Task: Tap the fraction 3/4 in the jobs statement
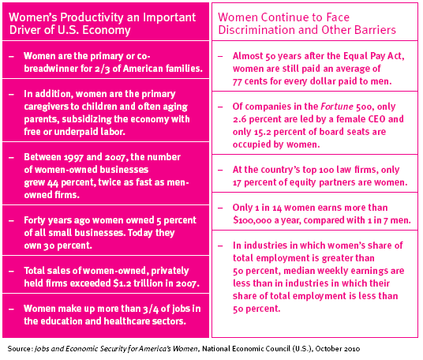point(151,309)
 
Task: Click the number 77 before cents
point(237,82)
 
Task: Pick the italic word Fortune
point(337,107)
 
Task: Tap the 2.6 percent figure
point(240,119)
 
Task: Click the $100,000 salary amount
point(253,220)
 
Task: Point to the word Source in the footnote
point(20,349)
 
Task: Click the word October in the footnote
point(326,349)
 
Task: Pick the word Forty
point(33,220)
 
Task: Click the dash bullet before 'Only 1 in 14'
point(220,208)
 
